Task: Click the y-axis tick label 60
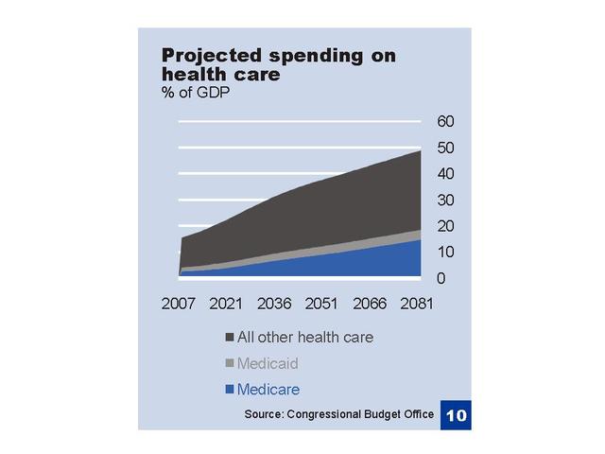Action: coord(446,121)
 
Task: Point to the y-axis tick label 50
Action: coord(446,148)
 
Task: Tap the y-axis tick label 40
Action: coord(446,174)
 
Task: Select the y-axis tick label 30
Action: coord(446,200)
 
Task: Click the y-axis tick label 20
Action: coord(446,226)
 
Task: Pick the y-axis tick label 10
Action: coord(446,253)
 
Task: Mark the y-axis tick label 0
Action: coord(441,278)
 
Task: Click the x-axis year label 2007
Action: coord(180,305)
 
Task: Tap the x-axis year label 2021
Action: coord(226,305)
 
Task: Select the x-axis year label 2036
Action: coord(274,305)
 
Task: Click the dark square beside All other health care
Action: coord(230,338)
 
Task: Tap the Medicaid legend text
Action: coord(268,363)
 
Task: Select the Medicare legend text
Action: coord(268,389)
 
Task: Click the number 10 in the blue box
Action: coord(456,414)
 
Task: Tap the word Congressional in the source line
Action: coord(322,414)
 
